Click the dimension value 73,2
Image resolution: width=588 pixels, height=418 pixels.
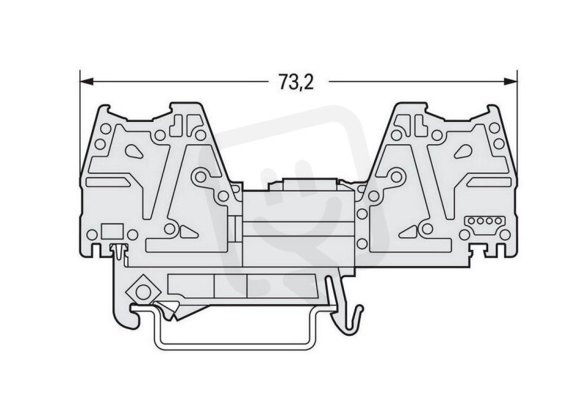296,82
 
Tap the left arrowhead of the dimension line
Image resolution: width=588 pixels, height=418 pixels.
86,81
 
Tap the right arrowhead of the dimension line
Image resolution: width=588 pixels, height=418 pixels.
511,81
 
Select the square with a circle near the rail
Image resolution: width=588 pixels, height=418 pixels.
143,292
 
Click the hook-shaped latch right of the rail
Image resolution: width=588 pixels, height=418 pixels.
344,304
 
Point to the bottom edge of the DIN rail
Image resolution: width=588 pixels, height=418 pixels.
235,347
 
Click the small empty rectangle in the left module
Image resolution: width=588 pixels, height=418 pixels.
113,231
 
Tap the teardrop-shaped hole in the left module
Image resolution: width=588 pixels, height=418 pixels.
134,151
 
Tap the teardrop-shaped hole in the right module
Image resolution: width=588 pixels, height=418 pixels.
463,151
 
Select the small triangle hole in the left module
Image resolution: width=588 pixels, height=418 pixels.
188,232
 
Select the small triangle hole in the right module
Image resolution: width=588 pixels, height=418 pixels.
409,232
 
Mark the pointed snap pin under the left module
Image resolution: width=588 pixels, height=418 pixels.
119,251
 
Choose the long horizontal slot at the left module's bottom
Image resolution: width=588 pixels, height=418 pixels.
187,245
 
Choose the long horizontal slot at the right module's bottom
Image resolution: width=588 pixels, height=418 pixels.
411,245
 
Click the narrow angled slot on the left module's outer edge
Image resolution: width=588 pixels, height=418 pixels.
108,182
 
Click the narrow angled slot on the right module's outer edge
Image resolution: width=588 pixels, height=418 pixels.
489,182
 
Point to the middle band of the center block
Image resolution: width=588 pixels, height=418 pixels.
298,228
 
